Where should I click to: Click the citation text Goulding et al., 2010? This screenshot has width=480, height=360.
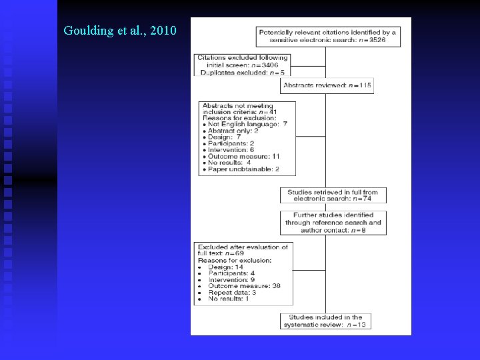click(120, 30)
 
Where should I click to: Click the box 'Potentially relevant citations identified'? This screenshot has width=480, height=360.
click(327, 36)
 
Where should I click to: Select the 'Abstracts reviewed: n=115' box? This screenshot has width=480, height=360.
click(327, 85)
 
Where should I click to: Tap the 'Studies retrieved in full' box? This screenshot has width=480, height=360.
click(333, 195)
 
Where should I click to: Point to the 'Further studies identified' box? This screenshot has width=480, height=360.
click(333, 223)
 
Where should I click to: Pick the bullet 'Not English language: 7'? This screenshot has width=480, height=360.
click(247, 124)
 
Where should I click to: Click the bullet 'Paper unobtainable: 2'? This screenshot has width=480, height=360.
click(244, 169)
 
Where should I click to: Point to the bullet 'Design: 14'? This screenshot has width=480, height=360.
click(227, 267)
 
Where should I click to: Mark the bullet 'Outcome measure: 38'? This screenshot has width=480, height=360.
click(244, 286)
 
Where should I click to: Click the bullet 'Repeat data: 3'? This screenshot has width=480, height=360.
click(232, 292)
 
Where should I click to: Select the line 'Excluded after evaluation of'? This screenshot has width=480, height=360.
click(243, 247)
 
